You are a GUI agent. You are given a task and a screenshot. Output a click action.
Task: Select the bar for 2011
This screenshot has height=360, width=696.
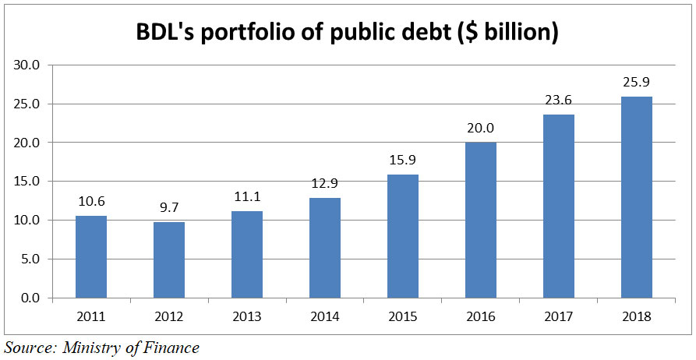(x=90, y=257)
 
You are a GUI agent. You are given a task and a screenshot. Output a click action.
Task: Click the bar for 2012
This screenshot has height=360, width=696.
(x=168, y=260)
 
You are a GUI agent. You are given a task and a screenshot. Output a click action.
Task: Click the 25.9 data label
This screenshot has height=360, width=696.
(x=636, y=81)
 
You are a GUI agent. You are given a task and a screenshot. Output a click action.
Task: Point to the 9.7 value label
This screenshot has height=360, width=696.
(x=168, y=207)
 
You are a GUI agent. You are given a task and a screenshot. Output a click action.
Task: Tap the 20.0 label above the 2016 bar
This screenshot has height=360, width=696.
(x=480, y=127)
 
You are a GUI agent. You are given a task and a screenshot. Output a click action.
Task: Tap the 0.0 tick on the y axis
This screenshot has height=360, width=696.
(x=30, y=298)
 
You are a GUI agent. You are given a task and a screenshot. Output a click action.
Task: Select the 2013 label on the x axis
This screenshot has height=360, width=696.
(x=246, y=317)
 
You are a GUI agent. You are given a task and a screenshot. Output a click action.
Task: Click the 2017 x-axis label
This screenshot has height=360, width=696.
(x=558, y=317)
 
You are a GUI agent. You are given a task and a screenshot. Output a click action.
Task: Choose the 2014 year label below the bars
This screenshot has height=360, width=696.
(x=324, y=317)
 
